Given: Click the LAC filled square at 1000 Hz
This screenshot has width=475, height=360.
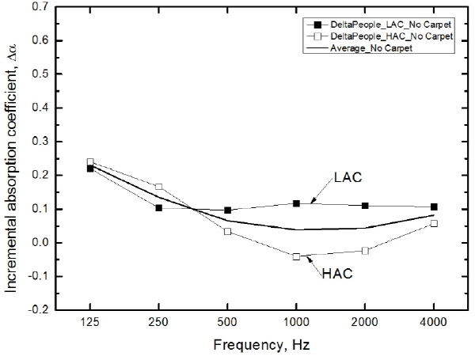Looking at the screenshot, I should [x=296, y=203].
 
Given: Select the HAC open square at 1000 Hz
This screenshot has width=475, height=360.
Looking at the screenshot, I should [x=296, y=256].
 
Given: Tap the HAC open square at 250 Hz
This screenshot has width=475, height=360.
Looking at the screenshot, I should [x=159, y=187].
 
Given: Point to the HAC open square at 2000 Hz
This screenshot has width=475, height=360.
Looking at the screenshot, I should [x=365, y=251].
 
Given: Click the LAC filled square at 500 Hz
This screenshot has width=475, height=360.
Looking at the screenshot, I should [x=227, y=210].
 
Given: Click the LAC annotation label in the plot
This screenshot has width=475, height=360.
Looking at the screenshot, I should [x=348, y=178].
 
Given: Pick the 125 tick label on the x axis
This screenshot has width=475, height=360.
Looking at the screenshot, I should [x=90, y=323].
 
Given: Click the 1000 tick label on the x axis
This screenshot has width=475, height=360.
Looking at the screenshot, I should [x=296, y=323].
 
